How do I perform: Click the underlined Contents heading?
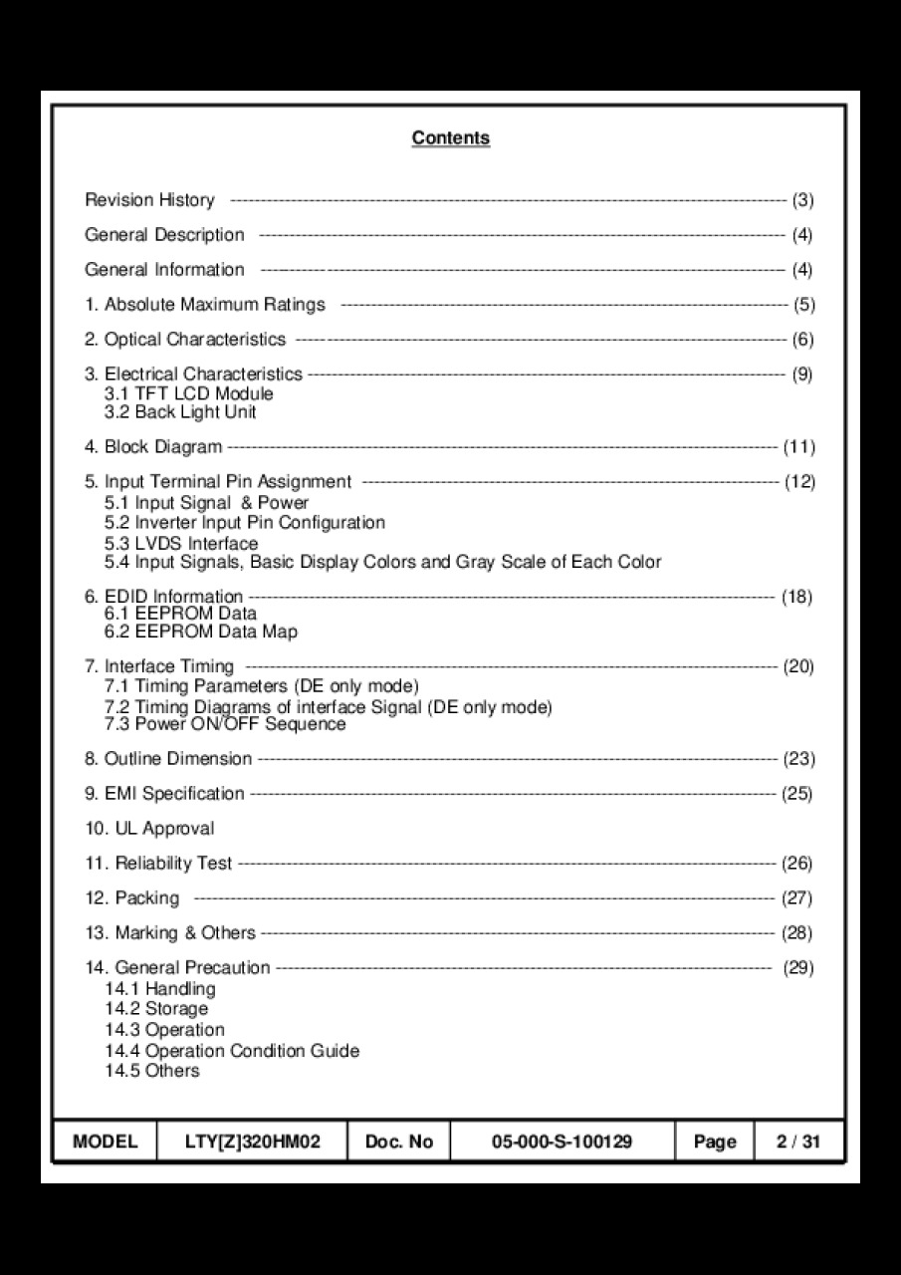(x=450, y=138)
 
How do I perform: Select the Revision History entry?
(x=149, y=200)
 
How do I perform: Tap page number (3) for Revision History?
(x=802, y=200)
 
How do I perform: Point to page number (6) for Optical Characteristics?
(x=802, y=340)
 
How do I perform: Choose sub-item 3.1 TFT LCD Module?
(x=188, y=393)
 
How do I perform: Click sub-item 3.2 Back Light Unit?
(x=180, y=411)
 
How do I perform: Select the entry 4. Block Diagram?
(x=153, y=447)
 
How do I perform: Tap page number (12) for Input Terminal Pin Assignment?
(x=799, y=482)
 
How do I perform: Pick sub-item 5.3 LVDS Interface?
(x=181, y=543)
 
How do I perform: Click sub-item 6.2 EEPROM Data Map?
(x=200, y=632)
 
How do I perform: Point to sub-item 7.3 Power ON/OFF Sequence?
(x=225, y=724)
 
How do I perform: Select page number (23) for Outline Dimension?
(x=798, y=759)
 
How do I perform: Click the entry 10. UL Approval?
(x=149, y=829)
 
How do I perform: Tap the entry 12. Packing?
(x=132, y=898)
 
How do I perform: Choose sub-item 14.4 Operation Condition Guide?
(x=232, y=1051)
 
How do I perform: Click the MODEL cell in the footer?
(x=106, y=1142)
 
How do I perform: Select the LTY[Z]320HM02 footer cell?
(x=253, y=1142)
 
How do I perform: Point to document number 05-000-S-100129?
(x=562, y=1142)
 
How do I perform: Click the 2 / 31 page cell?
(x=798, y=1142)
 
